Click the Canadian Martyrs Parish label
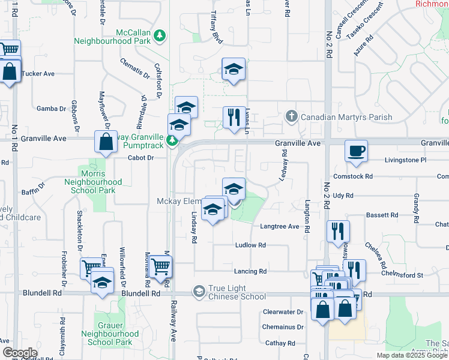pyautogui.click(x=346, y=117)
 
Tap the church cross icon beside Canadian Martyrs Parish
pyautogui.click(x=291, y=116)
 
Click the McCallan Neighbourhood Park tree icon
pyautogui.click(x=160, y=37)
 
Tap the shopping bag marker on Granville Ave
pyautogui.click(x=106, y=143)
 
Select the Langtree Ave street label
pyautogui.click(x=279, y=226)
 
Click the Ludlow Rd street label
pyautogui.click(x=250, y=245)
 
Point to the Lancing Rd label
pyautogui.click(x=250, y=271)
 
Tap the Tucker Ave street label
pyautogui.click(x=38, y=74)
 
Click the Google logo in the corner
pyautogui.click(x=20, y=353)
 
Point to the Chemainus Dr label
pyautogui.click(x=283, y=327)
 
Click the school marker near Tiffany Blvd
pyautogui.click(x=233, y=69)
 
